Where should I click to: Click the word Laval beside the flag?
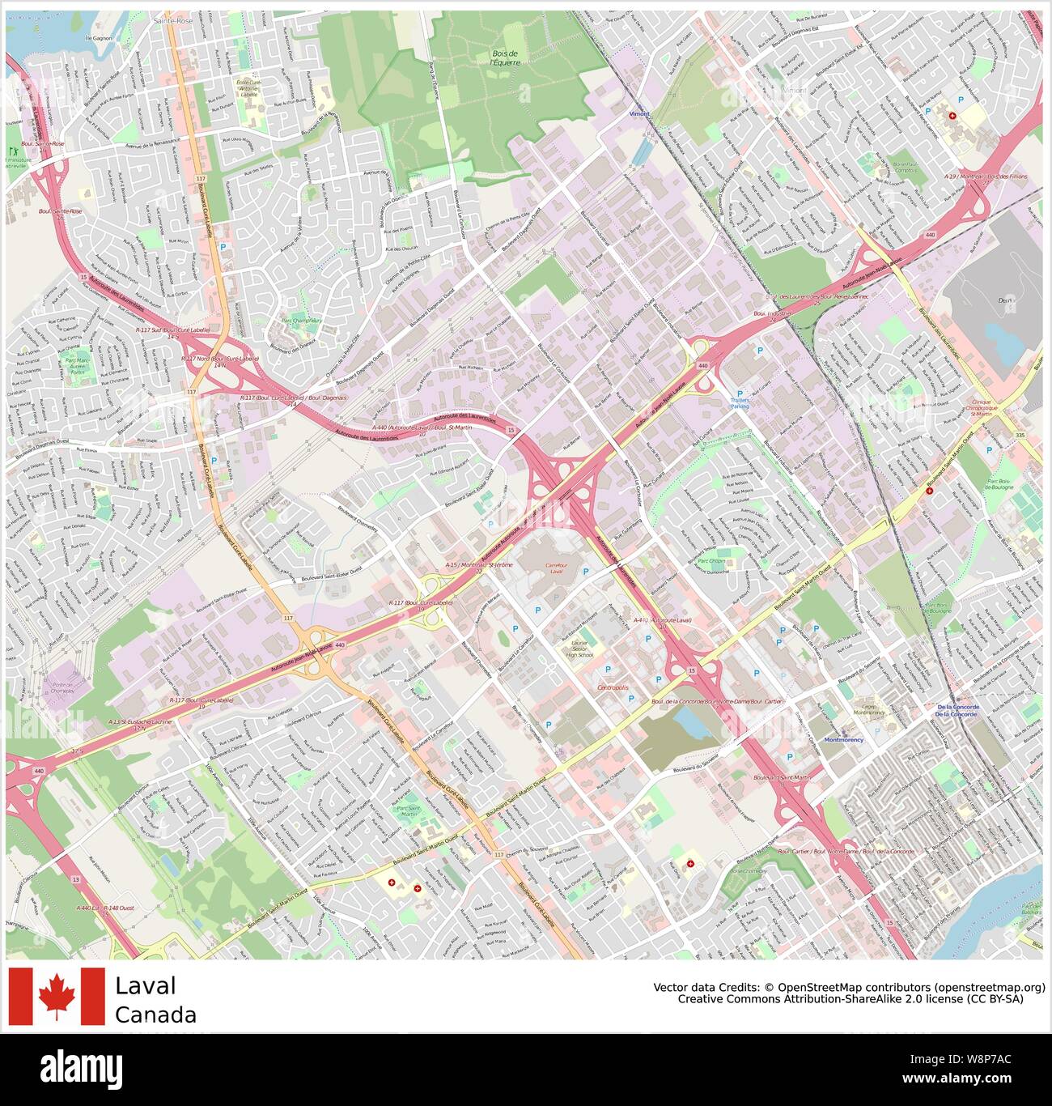point(145,985)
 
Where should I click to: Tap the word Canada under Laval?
point(155,1015)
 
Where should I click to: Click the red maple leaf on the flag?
point(57,995)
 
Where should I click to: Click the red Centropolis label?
point(613,687)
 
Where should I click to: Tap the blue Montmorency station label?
point(843,740)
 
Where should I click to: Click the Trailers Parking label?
point(740,402)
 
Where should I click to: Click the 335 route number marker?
point(1020,436)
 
